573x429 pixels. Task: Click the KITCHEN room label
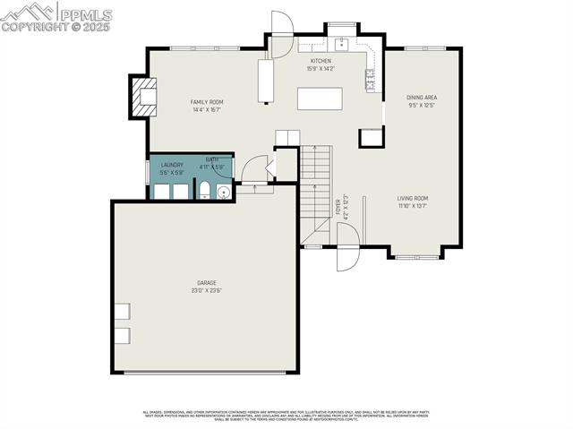[321, 61]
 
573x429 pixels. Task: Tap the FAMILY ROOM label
[207, 102]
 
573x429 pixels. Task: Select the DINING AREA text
[422, 98]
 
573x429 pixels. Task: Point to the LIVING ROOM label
[413, 198]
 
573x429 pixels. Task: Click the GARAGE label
[206, 283]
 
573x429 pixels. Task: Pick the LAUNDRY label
[172, 165]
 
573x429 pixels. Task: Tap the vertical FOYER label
[338, 208]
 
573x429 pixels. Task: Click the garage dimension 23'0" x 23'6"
[206, 290]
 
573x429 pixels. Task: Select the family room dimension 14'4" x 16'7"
[207, 109]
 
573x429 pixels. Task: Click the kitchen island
[316, 97]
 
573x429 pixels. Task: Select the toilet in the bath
[204, 190]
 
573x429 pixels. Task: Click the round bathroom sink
[223, 191]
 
